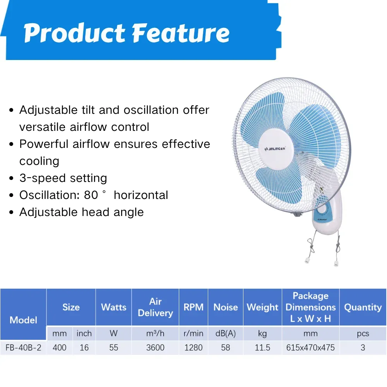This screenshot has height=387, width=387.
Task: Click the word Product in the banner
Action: coord(75,33)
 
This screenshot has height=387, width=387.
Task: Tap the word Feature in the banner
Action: coord(181,33)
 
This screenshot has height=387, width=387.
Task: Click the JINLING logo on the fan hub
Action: coord(275,149)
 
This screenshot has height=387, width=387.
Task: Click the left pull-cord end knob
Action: coord(307,260)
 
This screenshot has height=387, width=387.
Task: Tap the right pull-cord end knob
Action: coord(336,263)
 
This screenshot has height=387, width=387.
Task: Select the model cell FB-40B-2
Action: coord(24,348)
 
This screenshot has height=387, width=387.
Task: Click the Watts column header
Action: coord(113,307)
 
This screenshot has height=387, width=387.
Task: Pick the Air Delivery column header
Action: coord(155,307)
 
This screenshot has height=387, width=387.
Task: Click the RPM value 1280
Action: coord(193,348)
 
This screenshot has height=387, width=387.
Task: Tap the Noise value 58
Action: coord(226,348)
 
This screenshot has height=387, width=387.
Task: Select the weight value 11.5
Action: coord(262,348)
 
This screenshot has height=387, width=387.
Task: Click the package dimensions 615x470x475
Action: coord(310,348)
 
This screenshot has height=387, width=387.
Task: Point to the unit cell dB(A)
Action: coord(226,334)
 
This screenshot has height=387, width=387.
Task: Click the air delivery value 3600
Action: coord(155,348)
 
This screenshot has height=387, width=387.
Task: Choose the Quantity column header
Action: coord(363,307)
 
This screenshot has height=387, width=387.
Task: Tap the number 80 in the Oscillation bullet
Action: coord(91,195)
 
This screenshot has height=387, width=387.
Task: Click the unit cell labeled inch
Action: coord(84,334)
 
